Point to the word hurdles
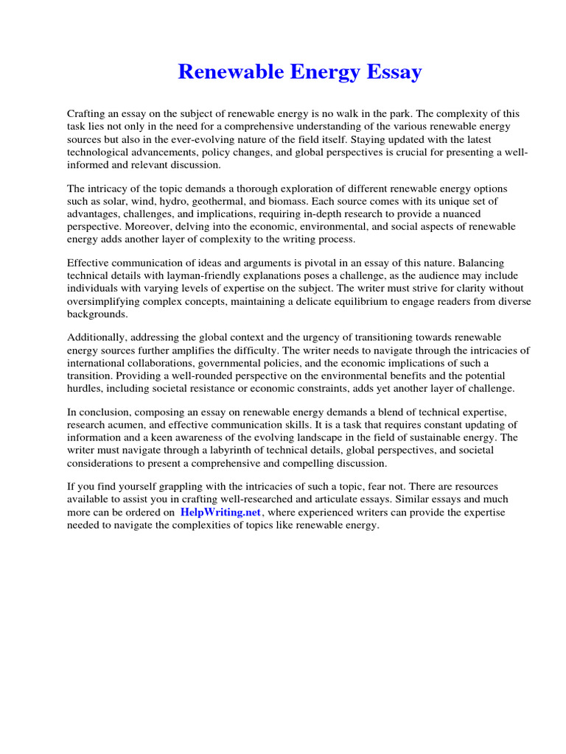pos(84,389)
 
